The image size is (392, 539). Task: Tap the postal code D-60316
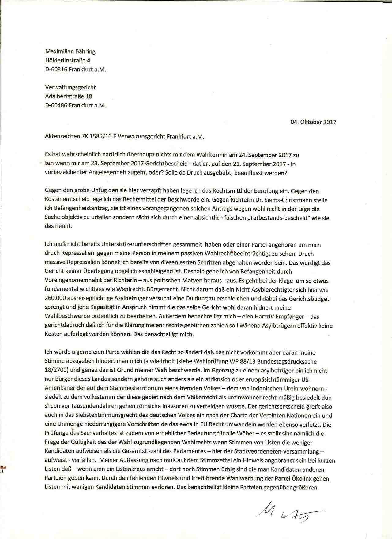[x=56, y=69]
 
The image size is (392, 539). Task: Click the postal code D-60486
[x=56, y=105]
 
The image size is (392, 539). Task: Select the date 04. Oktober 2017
[x=313, y=122]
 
